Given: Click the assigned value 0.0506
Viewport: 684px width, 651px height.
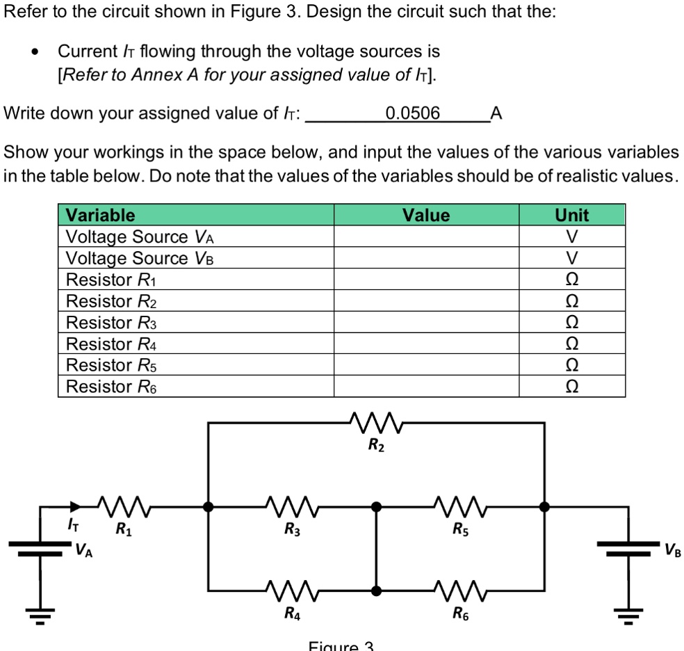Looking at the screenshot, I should coord(412,113).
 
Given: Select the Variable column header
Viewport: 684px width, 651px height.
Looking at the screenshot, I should coord(100,215).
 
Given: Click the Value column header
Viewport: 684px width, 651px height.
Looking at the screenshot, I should coord(426,215).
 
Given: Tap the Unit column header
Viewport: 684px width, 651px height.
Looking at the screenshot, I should coord(572,215).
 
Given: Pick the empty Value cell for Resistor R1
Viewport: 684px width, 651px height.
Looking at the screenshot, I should coord(426,280).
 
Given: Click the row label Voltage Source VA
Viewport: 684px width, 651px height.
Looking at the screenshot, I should coord(139,236).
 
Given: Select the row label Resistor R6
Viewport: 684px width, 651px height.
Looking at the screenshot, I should coord(111,387).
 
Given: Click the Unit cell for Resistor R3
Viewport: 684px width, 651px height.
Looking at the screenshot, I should coord(572,323).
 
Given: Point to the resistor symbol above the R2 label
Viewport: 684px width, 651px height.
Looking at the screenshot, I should coord(376,421).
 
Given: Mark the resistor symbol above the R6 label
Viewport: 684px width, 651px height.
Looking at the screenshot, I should coord(460,591).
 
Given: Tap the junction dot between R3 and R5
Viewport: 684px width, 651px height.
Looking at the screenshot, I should coord(376,507).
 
